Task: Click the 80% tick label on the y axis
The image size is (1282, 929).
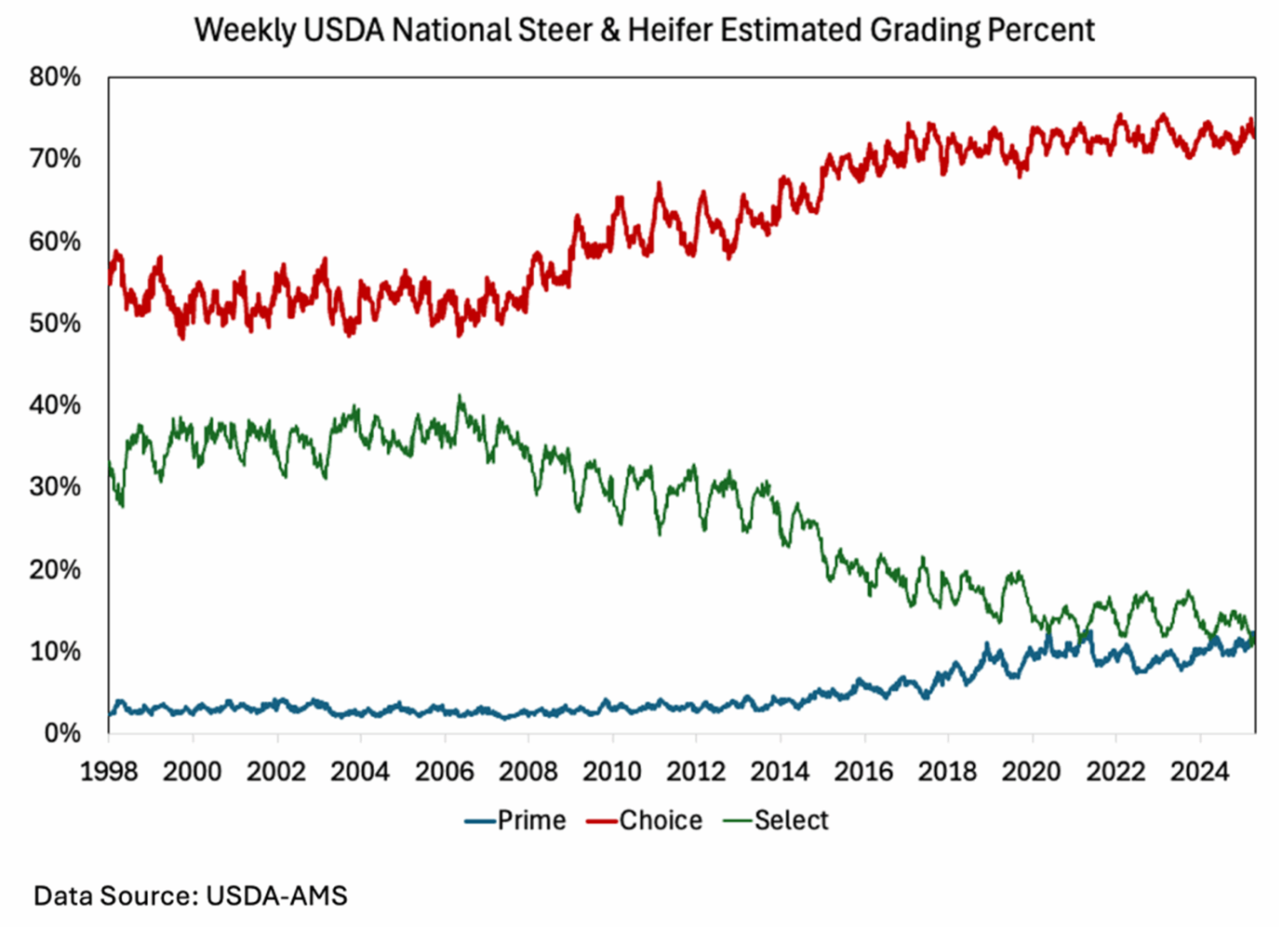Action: point(55,77)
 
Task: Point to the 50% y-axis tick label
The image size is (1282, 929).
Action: point(55,323)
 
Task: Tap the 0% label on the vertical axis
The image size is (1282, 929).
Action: point(62,733)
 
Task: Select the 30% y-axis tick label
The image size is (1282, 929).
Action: point(55,487)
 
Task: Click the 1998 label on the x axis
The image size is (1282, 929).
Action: point(109,771)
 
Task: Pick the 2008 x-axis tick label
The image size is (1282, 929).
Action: point(528,771)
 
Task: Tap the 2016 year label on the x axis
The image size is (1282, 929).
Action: point(864,771)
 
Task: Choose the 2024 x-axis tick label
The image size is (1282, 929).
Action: point(1199,771)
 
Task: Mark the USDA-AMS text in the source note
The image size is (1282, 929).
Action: point(277,895)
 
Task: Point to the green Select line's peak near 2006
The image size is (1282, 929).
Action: point(459,397)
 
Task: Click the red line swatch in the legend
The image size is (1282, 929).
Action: point(602,821)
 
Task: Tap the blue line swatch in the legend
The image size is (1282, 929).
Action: point(480,821)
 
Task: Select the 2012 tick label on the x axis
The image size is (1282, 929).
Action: point(695,771)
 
